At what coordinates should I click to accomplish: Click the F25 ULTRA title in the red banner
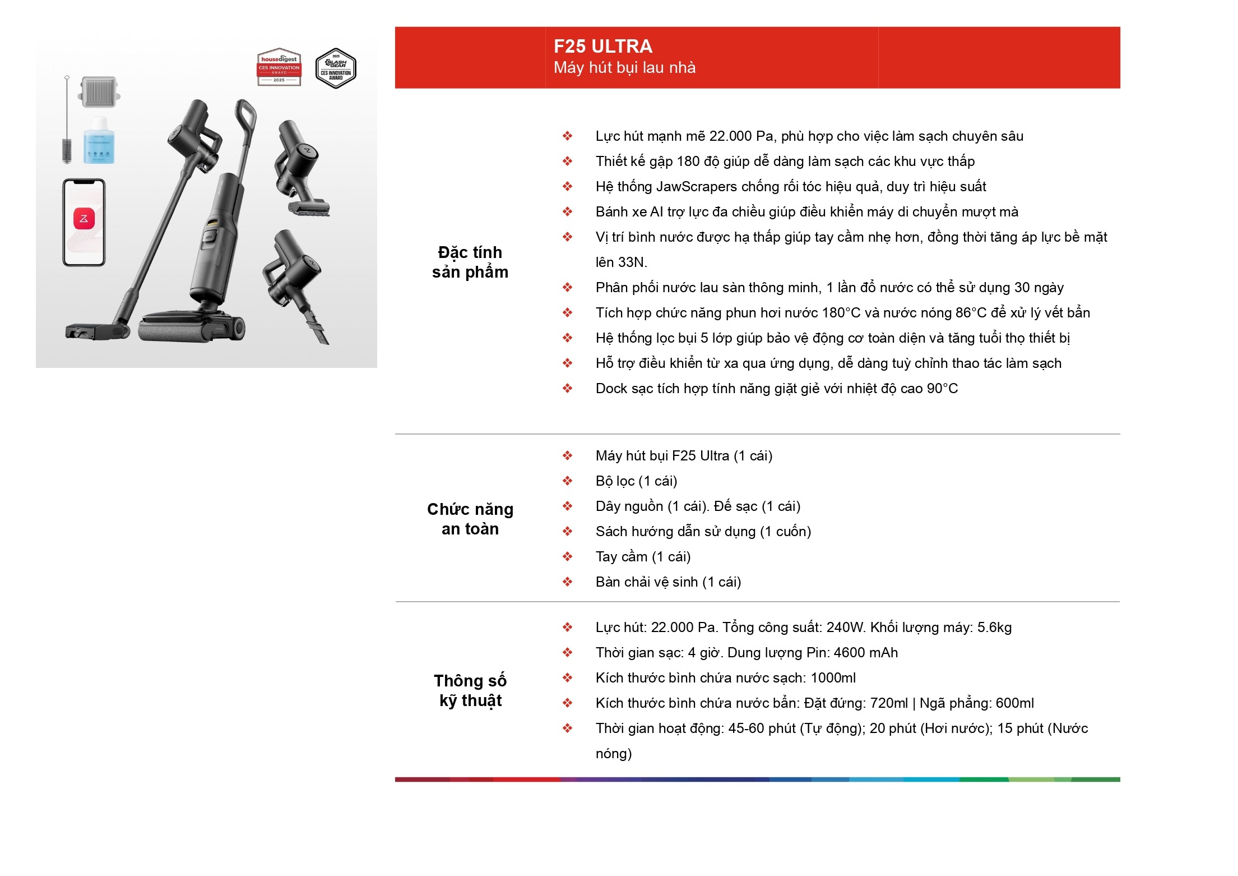pos(603,46)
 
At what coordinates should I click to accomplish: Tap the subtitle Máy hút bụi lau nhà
pos(624,68)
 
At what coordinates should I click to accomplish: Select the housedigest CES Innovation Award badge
pos(279,67)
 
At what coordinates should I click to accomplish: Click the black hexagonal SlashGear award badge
pos(336,68)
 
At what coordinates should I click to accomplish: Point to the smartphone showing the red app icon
pos(84,222)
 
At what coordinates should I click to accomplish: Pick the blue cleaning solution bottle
pos(99,140)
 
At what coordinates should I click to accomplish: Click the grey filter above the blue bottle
pos(100,92)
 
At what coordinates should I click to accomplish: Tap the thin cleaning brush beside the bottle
pos(67,120)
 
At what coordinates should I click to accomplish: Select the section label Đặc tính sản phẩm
pos(470,262)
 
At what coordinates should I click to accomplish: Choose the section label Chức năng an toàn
pos(470,519)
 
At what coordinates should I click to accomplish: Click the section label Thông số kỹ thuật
pos(470,690)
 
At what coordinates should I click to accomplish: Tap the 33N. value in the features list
pos(632,262)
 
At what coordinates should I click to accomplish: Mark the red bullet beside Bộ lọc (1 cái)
pos(568,481)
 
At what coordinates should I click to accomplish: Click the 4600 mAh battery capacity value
pos(866,653)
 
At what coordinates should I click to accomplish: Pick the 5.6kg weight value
pos(995,628)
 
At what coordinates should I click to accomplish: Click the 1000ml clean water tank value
pos(833,678)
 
